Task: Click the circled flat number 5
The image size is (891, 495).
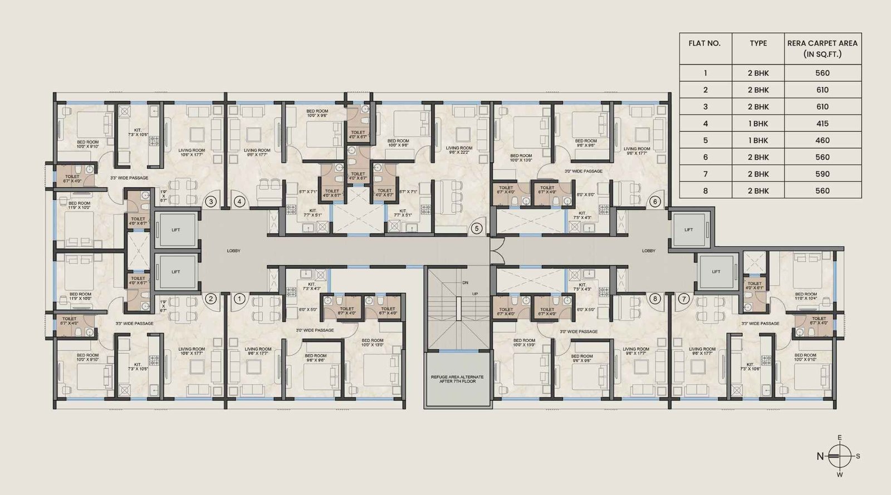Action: (476, 228)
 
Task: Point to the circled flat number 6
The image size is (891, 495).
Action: (655, 202)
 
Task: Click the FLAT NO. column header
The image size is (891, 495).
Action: (705, 43)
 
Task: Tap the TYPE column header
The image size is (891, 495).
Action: (758, 43)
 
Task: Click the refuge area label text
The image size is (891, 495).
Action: (457, 379)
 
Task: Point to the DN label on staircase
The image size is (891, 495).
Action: (465, 283)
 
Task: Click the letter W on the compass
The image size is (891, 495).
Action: (839, 475)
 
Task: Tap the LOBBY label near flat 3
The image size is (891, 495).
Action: (233, 251)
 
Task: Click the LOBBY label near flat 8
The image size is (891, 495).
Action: (649, 251)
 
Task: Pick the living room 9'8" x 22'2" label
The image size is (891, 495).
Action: (459, 151)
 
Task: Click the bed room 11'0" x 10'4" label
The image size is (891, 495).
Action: (806, 297)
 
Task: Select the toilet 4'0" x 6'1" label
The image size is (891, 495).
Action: (755, 286)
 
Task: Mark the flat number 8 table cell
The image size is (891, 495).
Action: (705, 190)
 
